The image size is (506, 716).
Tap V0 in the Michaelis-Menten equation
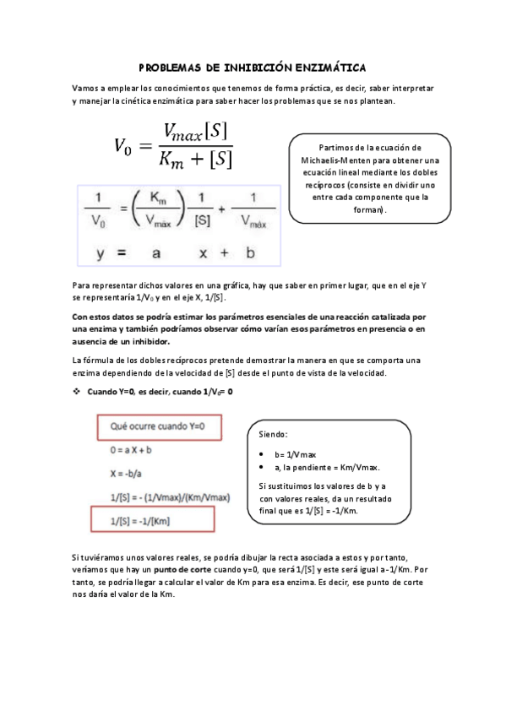[x=123, y=146]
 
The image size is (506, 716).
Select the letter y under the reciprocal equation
[x=100, y=252]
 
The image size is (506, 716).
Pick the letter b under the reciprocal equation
[x=250, y=252]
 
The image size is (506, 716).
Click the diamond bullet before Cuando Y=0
[x=77, y=392]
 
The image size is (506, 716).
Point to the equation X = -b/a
[x=128, y=474]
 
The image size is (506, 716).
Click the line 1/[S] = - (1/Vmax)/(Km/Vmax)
[x=166, y=497]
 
